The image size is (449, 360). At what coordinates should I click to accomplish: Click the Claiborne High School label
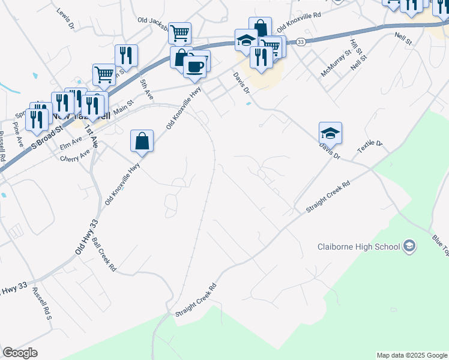(x=358, y=247)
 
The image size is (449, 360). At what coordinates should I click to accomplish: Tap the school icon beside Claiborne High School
(x=409, y=247)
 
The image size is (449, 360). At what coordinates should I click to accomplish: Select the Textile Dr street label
(x=370, y=146)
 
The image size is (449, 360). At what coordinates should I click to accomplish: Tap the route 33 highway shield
(x=301, y=41)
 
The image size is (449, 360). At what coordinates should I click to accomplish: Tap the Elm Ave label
(x=71, y=142)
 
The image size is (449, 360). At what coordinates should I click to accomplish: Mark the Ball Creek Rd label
(x=104, y=255)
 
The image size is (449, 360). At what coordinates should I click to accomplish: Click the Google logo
(x=20, y=353)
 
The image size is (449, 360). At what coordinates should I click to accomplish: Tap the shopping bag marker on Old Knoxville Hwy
(x=142, y=143)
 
